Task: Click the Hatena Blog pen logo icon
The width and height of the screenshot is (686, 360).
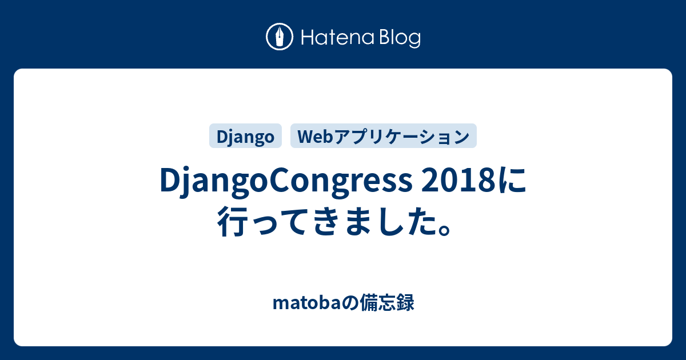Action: [280, 37]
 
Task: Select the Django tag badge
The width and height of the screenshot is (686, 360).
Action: [245, 136]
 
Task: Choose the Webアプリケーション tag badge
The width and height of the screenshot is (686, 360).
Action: [384, 136]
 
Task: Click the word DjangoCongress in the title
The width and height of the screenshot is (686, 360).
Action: [286, 181]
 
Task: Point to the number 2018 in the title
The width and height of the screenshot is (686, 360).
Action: [458, 181]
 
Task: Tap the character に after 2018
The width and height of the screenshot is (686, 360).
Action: [512, 181]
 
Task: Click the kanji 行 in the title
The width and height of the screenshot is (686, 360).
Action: [233, 221]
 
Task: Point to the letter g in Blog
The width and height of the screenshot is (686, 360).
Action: [414, 41]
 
